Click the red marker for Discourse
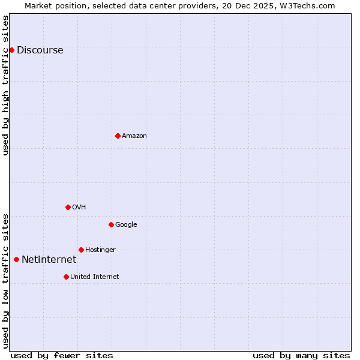(x=11, y=50)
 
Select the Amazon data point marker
(x=118, y=136)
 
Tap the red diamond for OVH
(x=68, y=207)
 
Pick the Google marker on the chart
(x=111, y=224)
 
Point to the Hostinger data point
(x=81, y=250)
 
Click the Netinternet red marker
(x=16, y=259)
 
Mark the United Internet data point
(x=66, y=277)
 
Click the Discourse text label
(x=40, y=50)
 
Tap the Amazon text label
(x=134, y=136)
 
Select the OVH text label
(x=79, y=208)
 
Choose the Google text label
(x=126, y=225)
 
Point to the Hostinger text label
(x=100, y=250)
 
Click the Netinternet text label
(x=49, y=260)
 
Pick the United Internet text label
(x=94, y=277)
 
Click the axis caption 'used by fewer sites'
(x=62, y=355)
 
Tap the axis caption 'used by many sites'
(x=301, y=355)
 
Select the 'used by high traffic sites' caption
(x=5, y=85)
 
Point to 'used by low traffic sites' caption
(x=5, y=281)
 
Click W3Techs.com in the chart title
(x=309, y=5)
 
